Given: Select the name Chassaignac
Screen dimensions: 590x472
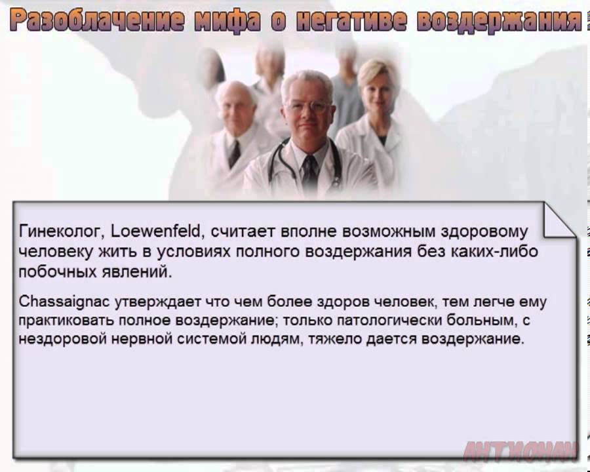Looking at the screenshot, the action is tap(64, 302).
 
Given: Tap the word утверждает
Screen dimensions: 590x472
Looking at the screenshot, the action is tap(157, 302).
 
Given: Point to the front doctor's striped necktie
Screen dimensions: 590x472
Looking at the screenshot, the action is tap(309, 172).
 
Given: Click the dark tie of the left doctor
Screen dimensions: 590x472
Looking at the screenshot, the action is tap(234, 153).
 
